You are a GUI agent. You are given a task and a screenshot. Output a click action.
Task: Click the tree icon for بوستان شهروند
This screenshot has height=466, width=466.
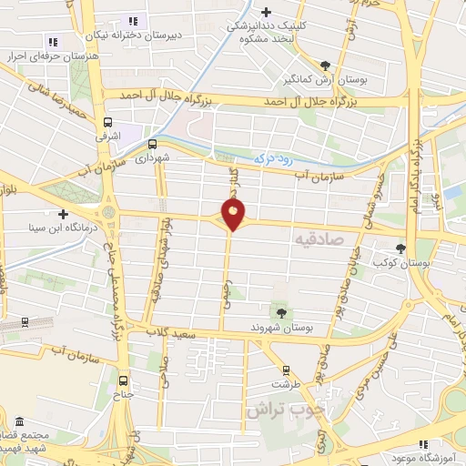pyautogui.click(x=280, y=311)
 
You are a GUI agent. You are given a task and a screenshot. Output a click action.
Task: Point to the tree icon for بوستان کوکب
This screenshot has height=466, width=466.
pyautogui.click(x=400, y=248)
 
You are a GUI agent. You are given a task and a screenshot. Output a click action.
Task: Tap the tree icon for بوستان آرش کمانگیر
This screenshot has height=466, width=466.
pyautogui.click(x=326, y=65)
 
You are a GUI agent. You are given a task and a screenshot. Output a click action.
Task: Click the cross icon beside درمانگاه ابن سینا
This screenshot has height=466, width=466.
pyautogui.click(x=63, y=214)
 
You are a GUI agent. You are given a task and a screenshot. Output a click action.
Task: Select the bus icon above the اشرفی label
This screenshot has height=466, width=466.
pyautogui.click(x=108, y=121)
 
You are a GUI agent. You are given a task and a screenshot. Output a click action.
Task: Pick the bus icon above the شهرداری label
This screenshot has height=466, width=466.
pyautogui.click(x=152, y=143)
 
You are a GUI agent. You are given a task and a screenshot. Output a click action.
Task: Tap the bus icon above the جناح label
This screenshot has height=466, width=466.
pyautogui.click(x=123, y=381)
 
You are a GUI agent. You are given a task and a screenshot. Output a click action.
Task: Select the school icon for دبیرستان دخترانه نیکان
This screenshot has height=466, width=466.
pyautogui.click(x=134, y=21)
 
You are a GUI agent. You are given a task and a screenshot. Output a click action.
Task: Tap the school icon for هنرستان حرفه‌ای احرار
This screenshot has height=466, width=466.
pyautogui.click(x=52, y=41)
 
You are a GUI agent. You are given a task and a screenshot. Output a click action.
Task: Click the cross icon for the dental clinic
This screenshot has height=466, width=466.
pyautogui.click(x=265, y=12)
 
